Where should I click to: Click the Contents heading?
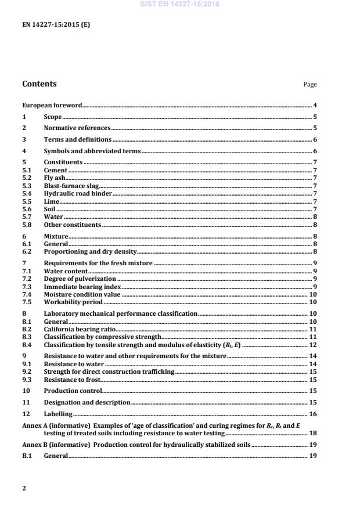(x=39, y=84)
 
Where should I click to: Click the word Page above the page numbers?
(x=310, y=85)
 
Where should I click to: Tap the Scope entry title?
(x=53, y=117)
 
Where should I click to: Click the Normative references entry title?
(x=77, y=128)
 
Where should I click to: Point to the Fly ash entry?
(x=56, y=178)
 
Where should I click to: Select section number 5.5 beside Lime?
(x=27, y=201)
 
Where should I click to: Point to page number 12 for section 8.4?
(x=312, y=344)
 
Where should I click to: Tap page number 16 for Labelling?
(x=312, y=414)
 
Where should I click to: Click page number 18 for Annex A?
(x=312, y=433)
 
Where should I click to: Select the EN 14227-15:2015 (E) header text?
(x=56, y=24)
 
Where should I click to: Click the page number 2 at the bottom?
(x=24, y=488)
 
